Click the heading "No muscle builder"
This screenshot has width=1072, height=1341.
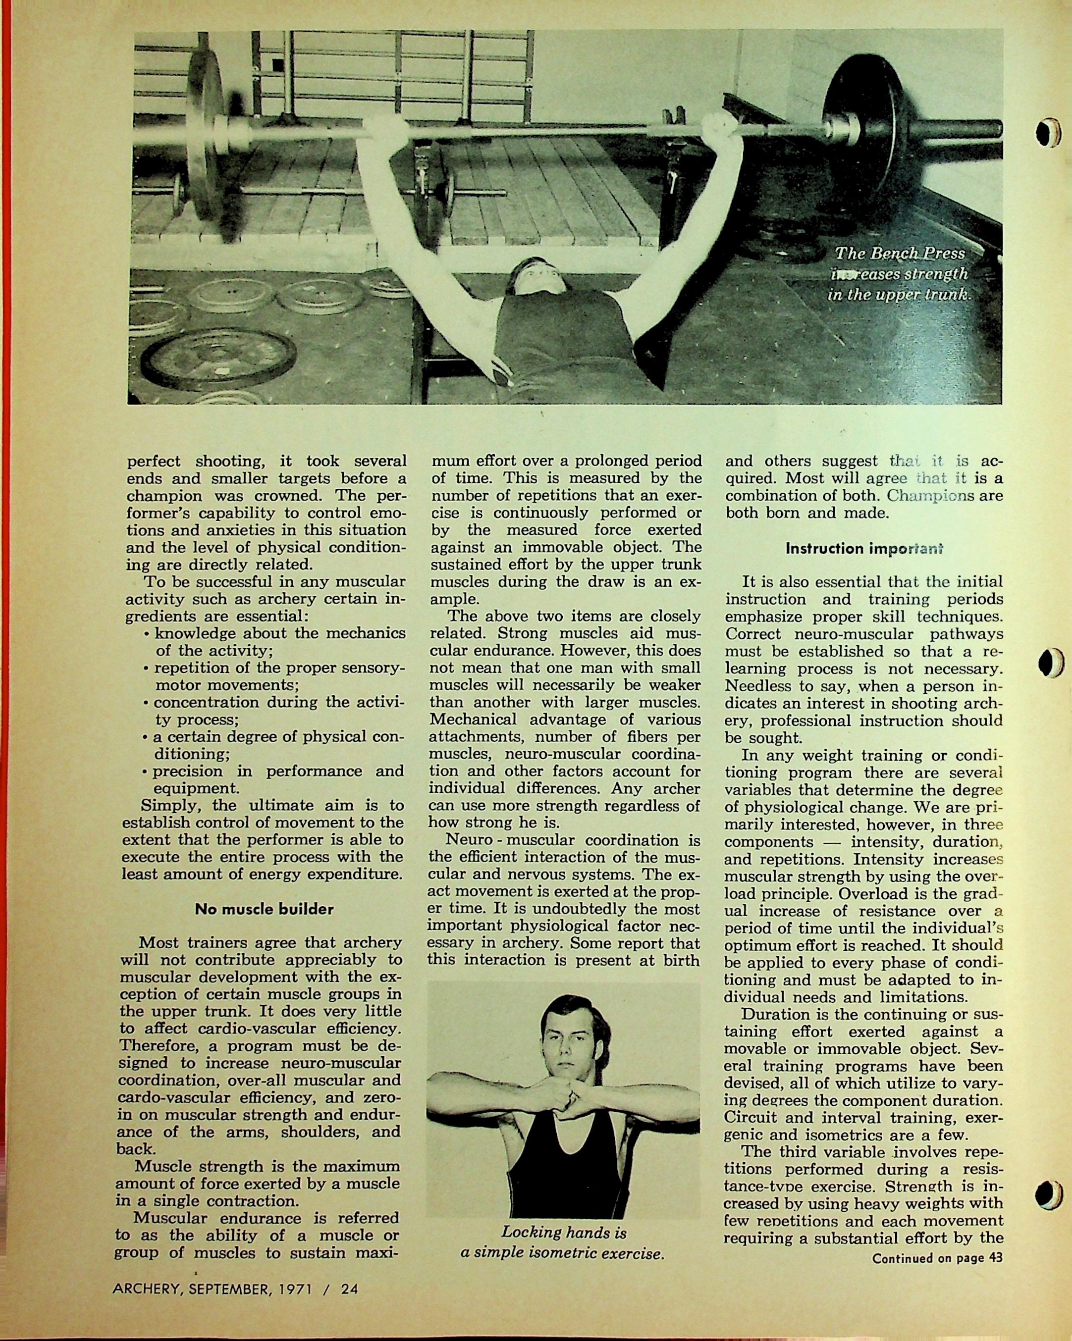point(264,909)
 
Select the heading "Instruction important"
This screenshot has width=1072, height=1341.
point(863,549)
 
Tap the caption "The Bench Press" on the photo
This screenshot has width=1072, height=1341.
point(899,254)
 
